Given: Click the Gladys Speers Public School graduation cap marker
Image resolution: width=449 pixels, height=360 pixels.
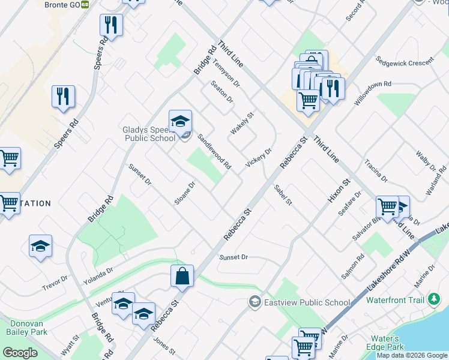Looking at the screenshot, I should (x=180, y=122).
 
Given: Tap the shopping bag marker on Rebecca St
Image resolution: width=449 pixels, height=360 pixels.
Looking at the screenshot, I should (x=182, y=277).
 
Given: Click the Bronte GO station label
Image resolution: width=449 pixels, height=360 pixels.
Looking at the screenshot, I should (x=62, y=4).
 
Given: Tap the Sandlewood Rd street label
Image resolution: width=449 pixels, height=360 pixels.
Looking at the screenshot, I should (x=215, y=151).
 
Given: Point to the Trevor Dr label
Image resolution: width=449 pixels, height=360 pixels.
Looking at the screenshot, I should (x=55, y=281).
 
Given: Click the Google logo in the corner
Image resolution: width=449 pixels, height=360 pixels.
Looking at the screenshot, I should (x=20, y=353).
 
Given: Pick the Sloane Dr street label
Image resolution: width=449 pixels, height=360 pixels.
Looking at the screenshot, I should (x=185, y=193).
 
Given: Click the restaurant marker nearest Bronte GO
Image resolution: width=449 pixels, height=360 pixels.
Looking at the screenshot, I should (x=111, y=25).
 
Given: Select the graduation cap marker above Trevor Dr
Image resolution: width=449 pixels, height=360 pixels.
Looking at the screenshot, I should (x=40, y=246).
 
